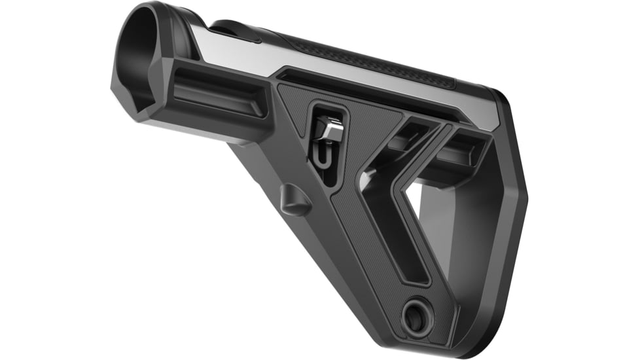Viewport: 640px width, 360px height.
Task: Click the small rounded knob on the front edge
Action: [x=295, y=200]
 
